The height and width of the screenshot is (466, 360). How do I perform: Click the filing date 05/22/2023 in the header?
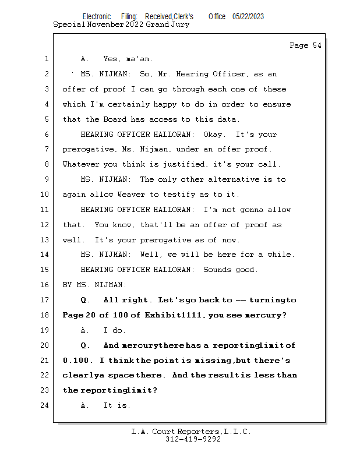click(x=248, y=17)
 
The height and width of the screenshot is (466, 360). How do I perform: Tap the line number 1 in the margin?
click(x=45, y=59)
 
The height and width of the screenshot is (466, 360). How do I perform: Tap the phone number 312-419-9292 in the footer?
click(x=193, y=440)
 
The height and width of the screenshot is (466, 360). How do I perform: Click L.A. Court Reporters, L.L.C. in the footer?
click(x=191, y=432)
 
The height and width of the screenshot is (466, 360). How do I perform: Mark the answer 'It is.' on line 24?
click(x=117, y=405)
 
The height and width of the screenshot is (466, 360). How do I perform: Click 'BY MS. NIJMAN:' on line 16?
click(x=94, y=285)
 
